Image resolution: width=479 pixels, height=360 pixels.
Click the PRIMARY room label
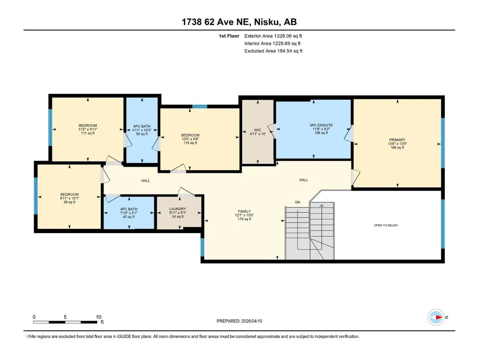tap(397, 140)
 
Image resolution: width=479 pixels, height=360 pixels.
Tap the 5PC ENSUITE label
tap(321, 125)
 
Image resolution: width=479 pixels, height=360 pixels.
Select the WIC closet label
tap(257, 130)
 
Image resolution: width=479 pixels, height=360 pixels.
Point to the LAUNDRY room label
tap(178, 209)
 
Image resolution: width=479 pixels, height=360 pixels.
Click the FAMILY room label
tap(244, 211)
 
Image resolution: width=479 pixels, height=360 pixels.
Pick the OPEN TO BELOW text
tap(386, 225)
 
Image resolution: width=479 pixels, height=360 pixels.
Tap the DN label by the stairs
tap(298, 202)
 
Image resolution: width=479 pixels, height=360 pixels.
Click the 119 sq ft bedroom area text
tap(190, 143)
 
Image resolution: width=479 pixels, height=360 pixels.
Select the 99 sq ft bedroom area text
tap(69, 202)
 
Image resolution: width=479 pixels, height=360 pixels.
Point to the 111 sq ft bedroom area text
tap(88, 133)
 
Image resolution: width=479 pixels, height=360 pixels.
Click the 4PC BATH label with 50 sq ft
tap(142, 126)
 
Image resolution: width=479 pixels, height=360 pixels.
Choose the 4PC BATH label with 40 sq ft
tap(129, 209)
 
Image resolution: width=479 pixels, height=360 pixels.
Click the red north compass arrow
tap(438, 317)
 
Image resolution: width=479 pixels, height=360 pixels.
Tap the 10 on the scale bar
tap(98, 317)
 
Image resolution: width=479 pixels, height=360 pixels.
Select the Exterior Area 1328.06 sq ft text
tap(273, 36)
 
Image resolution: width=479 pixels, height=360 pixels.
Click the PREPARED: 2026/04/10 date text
tap(239, 321)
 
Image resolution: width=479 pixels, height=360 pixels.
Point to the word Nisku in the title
tap(266, 22)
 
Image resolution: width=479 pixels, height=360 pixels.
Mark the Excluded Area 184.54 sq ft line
tap(273, 51)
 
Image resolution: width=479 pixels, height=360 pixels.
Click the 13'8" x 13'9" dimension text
tap(397, 144)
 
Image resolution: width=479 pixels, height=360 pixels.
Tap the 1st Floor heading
tap(229, 36)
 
